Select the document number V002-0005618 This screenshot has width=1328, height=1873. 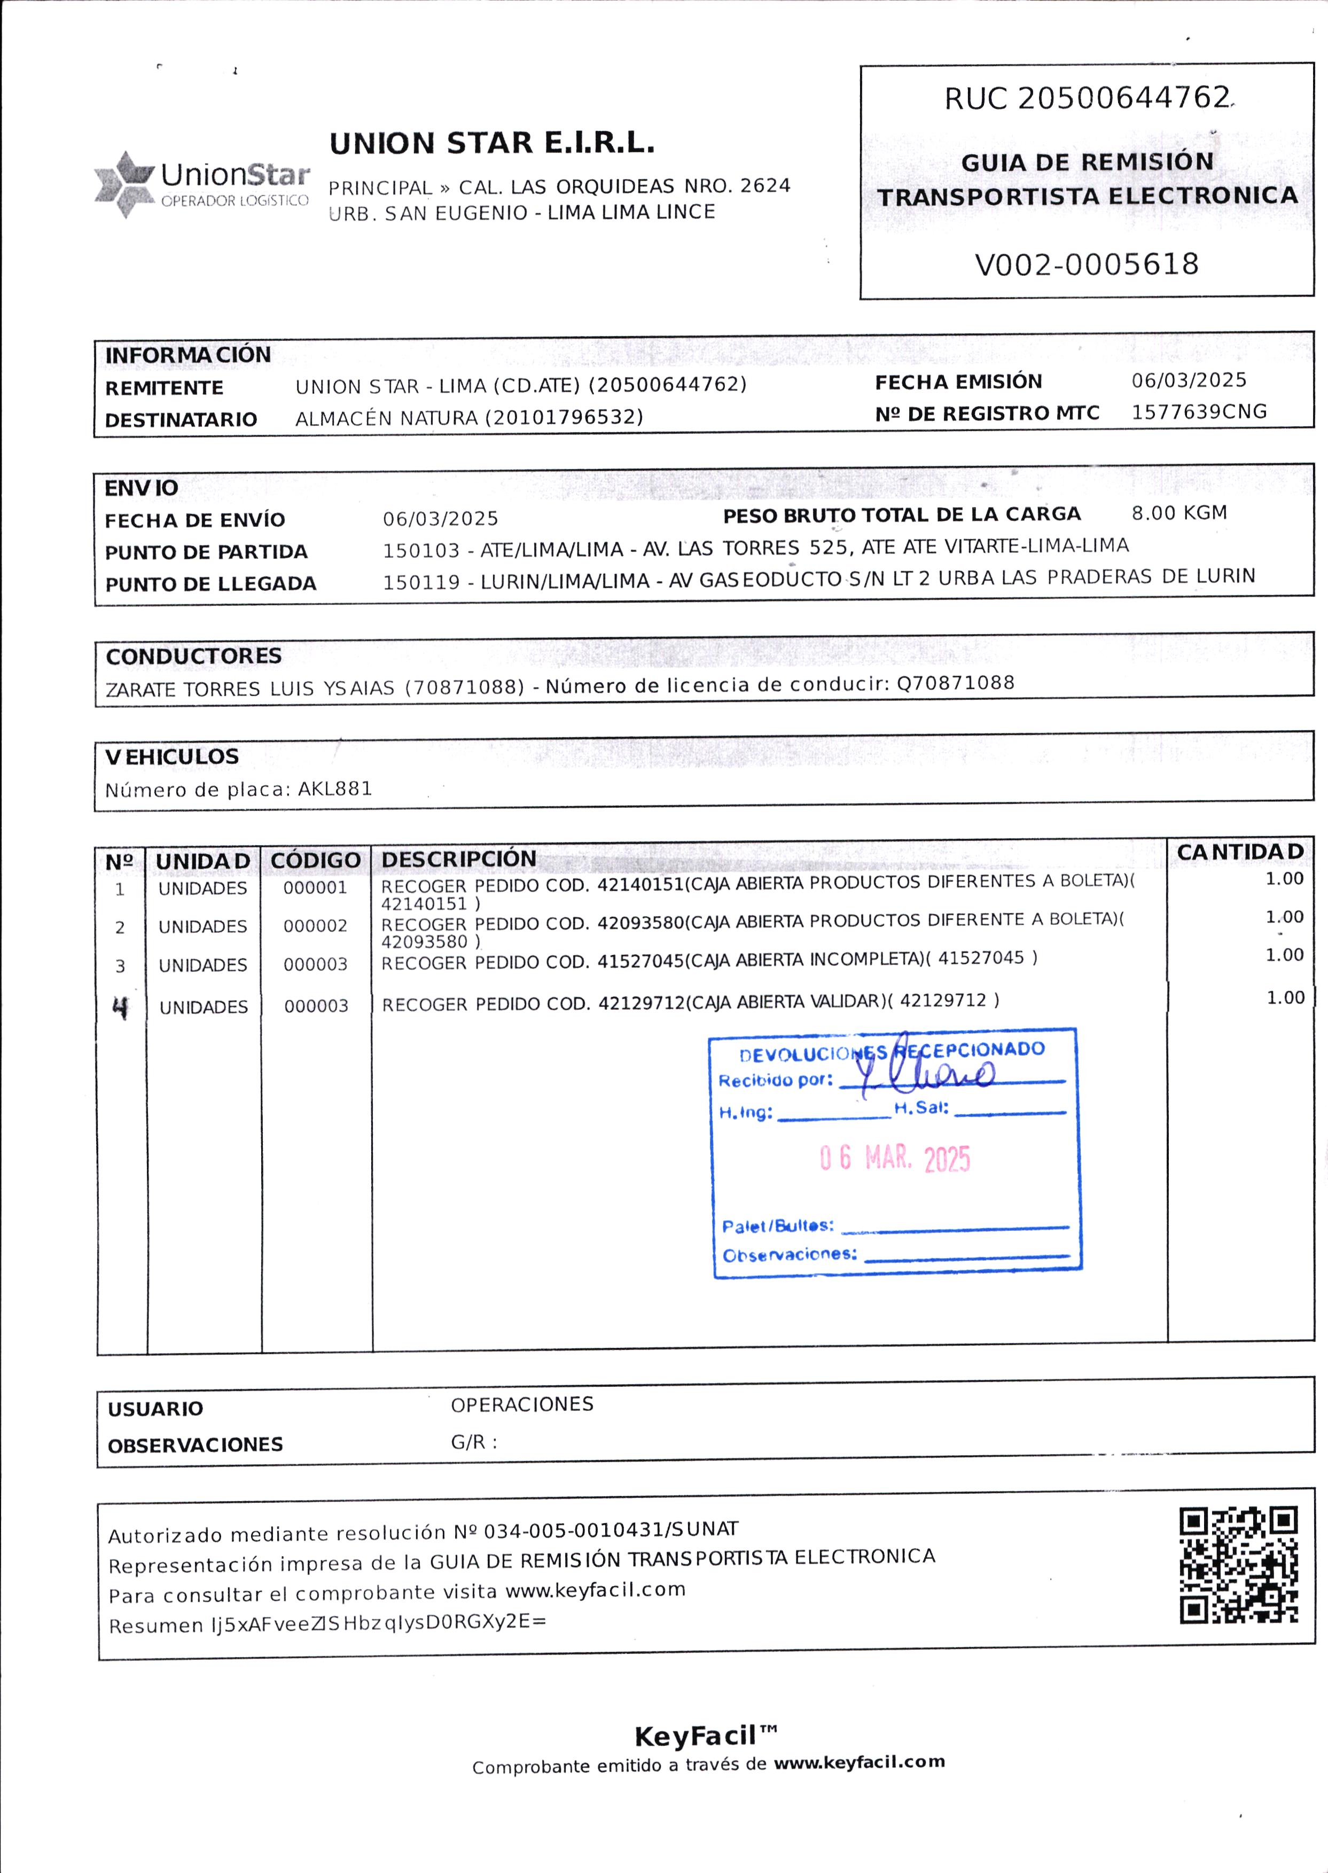pos(1086,264)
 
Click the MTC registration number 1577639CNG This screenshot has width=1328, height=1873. pos(1199,411)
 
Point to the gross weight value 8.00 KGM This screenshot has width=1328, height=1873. pos(1179,513)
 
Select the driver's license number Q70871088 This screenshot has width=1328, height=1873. pos(955,683)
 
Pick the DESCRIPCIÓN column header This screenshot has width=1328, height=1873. pos(459,859)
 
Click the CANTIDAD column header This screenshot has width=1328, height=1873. pos(1240,852)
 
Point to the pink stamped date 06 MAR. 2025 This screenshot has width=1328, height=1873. pos(895,1158)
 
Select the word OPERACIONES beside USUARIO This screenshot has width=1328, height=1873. pos(522,1404)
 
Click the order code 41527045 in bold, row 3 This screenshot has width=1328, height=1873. pos(639,961)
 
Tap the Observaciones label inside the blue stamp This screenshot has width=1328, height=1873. pos(789,1254)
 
